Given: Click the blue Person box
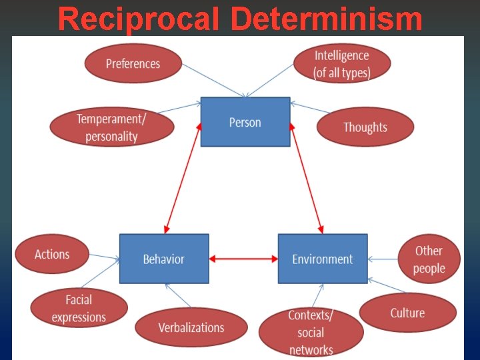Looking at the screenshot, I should coord(245,122).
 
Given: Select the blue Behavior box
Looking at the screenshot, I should coord(164,259).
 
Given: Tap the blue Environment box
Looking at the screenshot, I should coord(323,259).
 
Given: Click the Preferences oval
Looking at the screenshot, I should coord(133,64).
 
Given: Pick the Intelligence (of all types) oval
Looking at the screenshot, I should coord(342,64).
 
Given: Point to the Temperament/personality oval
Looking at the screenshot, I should coord(111,127).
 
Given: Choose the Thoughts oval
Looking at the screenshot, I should coord(365,127).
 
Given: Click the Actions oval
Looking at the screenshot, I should coord(52,254).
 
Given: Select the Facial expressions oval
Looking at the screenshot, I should coord(79,308).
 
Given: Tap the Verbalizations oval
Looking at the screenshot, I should coord(191,327).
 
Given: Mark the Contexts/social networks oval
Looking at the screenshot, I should coord(311,332).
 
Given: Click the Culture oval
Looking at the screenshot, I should coord(407,313).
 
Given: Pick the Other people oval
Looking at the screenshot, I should coord(428,259).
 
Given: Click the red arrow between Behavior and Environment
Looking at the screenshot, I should coord(243,259).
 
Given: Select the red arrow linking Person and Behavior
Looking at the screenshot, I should coord(181,178).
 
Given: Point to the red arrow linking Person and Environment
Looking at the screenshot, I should coord(305,178).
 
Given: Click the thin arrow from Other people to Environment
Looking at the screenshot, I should coord(383,259).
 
